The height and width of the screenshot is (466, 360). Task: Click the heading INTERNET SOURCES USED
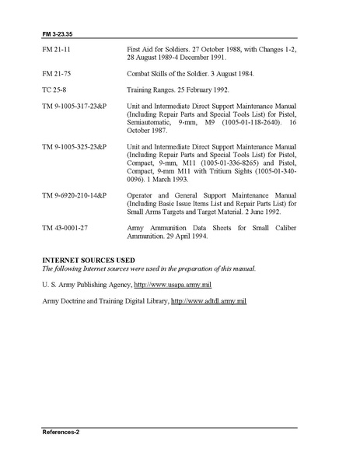point(89,259)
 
